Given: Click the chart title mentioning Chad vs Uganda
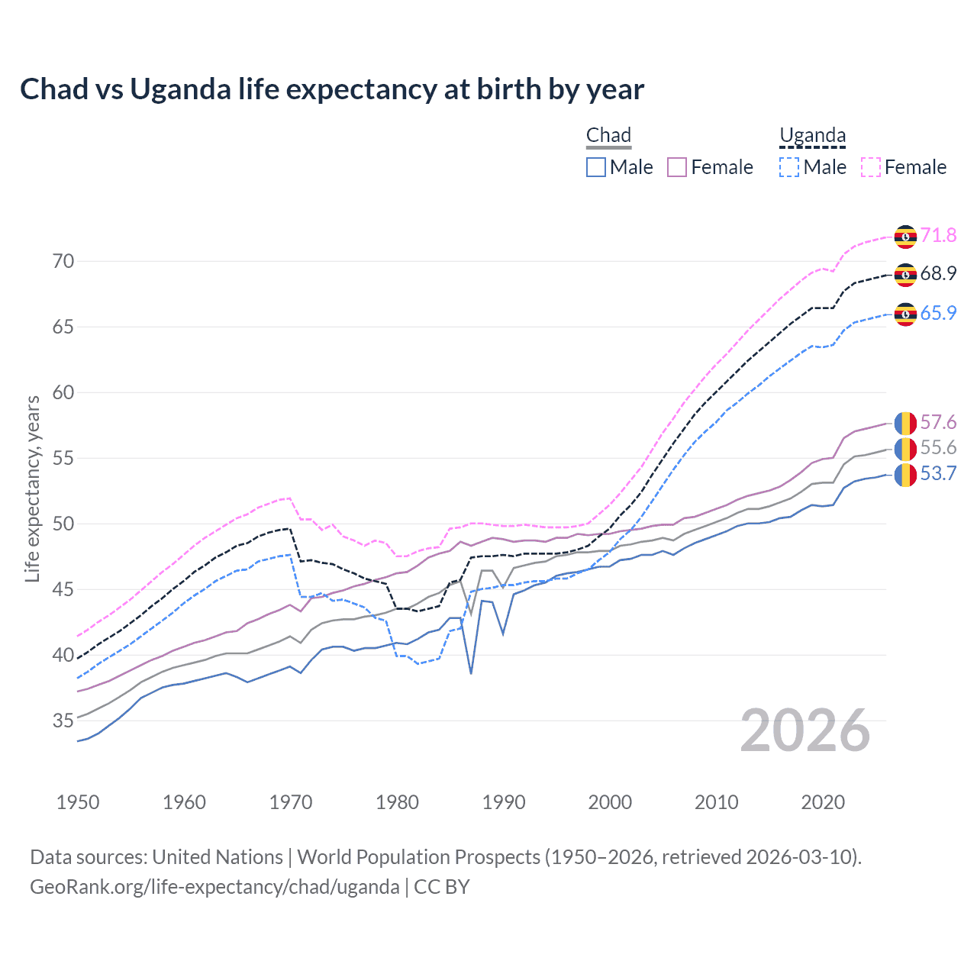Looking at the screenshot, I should coord(332,89).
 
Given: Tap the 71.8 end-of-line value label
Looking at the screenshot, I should coord(938,235).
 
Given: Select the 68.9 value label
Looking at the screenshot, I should coord(938,273).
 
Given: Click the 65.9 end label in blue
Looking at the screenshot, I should coord(938,313).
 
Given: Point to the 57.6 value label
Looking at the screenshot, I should coord(938,422).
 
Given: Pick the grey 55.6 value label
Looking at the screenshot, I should coord(938,447).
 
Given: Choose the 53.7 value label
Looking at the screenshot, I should coord(938,473).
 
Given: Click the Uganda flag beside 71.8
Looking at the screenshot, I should coord(905,237).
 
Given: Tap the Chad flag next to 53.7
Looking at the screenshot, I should coord(905,474).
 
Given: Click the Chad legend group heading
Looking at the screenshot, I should coord(608,135).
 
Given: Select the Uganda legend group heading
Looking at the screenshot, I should coord(812,135).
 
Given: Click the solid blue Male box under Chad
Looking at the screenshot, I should coord(596,167).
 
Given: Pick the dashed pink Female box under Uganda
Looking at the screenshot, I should coord(871,167).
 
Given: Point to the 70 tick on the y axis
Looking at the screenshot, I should coord(63,261).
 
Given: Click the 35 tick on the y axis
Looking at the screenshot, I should coord(63,721).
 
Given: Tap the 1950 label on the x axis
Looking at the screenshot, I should coord(78,802).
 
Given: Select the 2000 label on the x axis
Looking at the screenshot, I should coord(610,802).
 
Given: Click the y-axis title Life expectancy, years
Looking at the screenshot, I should coord(32,488).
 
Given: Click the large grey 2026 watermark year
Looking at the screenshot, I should coord(805,730).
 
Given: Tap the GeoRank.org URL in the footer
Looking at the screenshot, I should coord(214,887).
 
